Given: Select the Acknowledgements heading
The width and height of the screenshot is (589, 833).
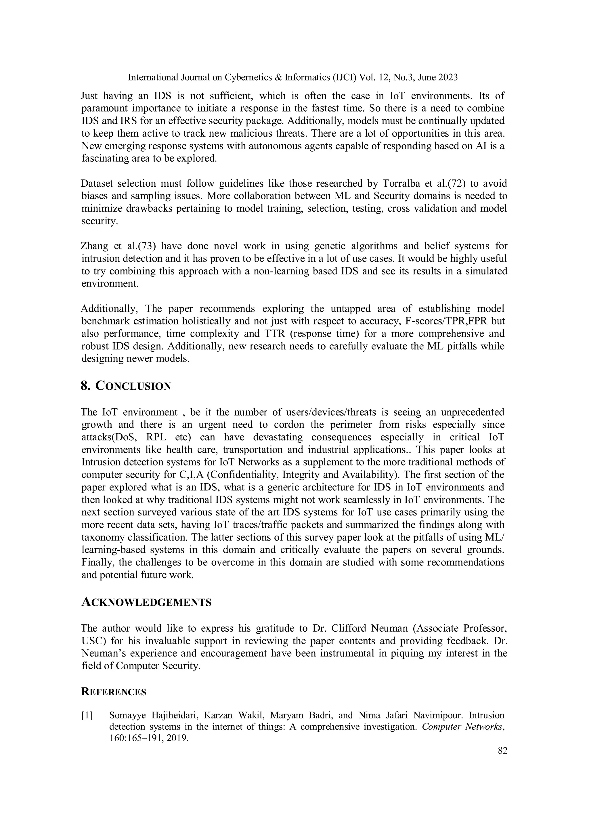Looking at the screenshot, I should [146, 603].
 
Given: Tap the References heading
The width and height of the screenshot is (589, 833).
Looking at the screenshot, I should [114, 692].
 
